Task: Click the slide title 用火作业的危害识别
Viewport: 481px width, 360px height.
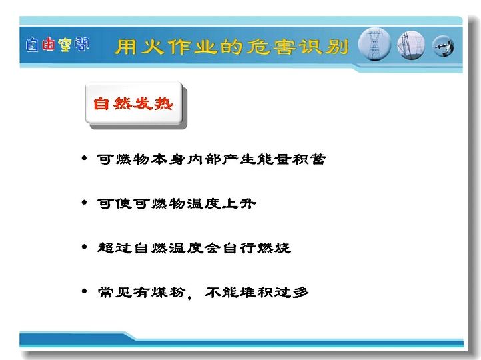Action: pyautogui.click(x=232, y=47)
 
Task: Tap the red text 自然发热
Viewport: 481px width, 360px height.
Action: pyautogui.click(x=133, y=103)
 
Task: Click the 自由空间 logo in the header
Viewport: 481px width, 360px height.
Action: pyautogui.click(x=57, y=45)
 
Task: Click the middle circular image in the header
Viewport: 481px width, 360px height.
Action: pyautogui.click(x=411, y=45)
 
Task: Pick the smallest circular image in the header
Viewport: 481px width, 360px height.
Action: pyautogui.click(x=443, y=47)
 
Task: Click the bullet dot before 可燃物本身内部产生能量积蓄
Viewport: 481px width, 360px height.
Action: pyautogui.click(x=85, y=159)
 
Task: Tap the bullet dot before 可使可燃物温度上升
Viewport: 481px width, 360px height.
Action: pyautogui.click(x=85, y=203)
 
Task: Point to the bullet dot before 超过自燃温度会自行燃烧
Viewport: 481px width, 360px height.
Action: pyautogui.click(x=85, y=247)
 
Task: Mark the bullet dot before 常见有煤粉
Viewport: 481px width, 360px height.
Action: pyautogui.click(x=85, y=291)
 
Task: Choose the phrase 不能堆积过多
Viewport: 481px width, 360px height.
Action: pyautogui.click(x=256, y=292)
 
